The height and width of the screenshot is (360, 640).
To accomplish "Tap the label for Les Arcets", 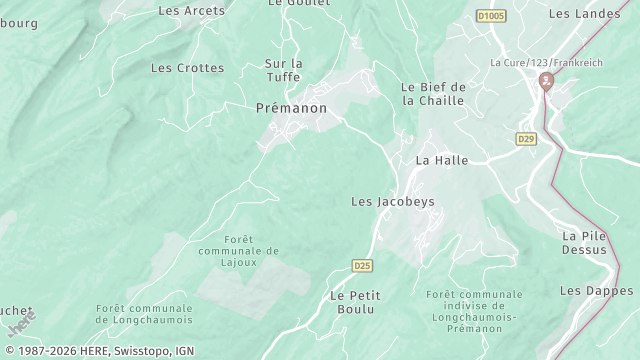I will pos(192,11).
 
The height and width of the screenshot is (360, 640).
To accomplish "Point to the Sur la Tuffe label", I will pos(283,70).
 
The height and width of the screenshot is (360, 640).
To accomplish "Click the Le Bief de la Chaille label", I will pos(434,93).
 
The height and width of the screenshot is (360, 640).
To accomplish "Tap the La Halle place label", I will pos(435,160).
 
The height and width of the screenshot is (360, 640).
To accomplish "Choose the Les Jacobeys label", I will pos(393,201).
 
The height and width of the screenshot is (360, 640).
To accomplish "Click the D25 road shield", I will pos(362,265).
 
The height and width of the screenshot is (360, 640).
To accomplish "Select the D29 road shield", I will pos(527,139).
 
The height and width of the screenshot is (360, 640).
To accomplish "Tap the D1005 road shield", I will pos(490,16).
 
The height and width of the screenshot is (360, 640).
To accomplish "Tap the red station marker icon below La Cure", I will pos(545,80).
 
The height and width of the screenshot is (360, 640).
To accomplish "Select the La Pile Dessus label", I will pos(584,243).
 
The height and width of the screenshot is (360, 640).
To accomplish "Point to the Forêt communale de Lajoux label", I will pos(238,251).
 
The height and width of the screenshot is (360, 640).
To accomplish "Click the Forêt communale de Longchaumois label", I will pos(144,314).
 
